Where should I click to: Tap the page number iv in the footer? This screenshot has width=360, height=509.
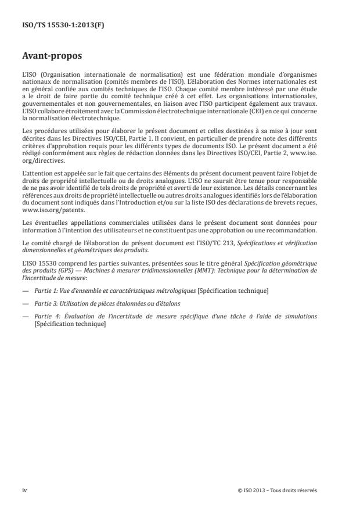(24, 490)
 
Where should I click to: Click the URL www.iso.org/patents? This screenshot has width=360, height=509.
(46, 212)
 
